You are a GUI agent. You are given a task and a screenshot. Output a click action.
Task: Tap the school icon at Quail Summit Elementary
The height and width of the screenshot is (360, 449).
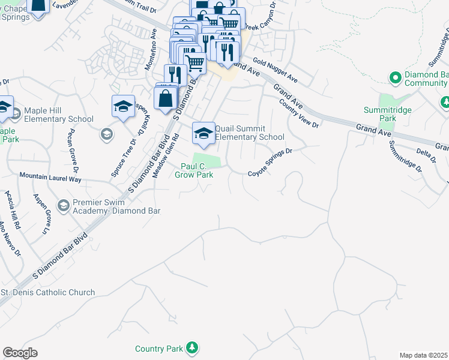tap(203, 132)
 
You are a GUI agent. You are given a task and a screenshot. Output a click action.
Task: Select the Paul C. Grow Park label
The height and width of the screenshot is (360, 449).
tap(194, 170)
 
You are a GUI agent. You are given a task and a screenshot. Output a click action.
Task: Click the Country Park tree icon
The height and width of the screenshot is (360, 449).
tap(191, 347)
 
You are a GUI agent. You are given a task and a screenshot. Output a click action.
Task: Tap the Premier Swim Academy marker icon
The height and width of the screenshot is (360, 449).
tap(63, 206)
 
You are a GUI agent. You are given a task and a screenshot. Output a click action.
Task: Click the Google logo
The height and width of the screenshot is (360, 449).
tap(20, 352)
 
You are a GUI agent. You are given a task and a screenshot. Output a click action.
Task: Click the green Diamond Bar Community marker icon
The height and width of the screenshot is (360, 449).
tap(395, 78)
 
